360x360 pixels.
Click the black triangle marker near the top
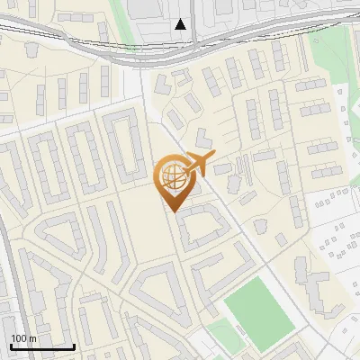pyautogui.click(x=181, y=24)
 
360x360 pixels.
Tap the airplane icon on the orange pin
pyautogui.click(x=198, y=164)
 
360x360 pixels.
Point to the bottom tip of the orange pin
pyautogui.click(x=172, y=211)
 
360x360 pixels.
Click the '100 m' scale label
pyautogui.click(x=23, y=338)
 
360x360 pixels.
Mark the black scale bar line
pyautogui.click(x=42, y=346)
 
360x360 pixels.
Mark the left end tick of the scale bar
pyautogui.click(x=11, y=345)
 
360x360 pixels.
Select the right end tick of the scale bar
pyautogui.click(x=74, y=345)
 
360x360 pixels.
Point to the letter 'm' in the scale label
pyautogui.click(x=32, y=338)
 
